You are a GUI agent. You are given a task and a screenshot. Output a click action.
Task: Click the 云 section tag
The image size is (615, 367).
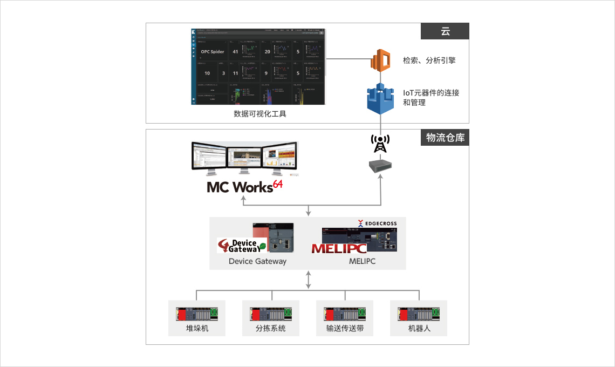(445, 31)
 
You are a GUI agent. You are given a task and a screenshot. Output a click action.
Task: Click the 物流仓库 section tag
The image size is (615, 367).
(445, 138)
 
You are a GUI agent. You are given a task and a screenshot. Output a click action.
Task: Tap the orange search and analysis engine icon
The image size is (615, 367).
(380, 60)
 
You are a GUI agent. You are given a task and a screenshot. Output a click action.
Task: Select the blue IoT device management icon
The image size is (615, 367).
(380, 98)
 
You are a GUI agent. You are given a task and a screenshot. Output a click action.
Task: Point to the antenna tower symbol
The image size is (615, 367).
(380, 143)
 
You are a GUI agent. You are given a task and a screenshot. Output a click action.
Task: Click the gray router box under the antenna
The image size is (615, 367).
(380, 165)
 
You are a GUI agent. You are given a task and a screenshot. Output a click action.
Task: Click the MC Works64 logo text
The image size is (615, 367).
(244, 186)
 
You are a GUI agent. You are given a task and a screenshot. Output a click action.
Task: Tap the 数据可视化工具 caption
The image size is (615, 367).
(260, 114)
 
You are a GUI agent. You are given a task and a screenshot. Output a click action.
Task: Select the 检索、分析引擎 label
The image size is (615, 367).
(429, 60)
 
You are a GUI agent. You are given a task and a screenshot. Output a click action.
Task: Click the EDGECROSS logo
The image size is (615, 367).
(377, 223)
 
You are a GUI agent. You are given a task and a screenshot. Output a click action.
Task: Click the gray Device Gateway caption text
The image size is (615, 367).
(257, 261)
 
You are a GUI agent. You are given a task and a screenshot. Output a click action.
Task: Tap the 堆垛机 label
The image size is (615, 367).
(197, 328)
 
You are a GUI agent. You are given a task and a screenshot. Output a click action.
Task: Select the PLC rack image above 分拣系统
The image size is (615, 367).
(270, 314)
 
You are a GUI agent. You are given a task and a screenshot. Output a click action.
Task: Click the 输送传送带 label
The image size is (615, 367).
(345, 328)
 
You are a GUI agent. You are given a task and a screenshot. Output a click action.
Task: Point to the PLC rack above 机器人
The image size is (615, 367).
(418, 314)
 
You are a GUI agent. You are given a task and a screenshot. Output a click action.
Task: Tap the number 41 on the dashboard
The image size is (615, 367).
(235, 52)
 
